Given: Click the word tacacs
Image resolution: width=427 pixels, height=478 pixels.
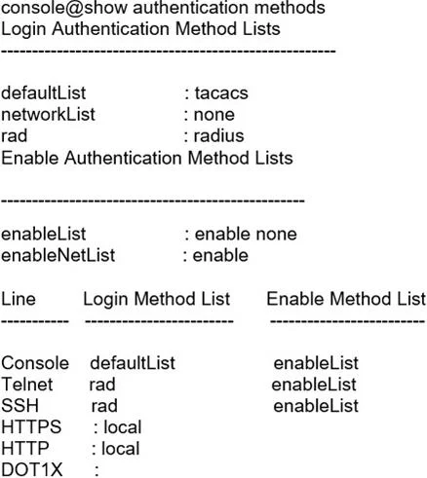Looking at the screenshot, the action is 221,93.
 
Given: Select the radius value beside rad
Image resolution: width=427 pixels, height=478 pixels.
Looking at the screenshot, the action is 218,135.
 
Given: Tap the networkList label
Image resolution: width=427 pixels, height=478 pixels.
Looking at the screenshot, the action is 48,114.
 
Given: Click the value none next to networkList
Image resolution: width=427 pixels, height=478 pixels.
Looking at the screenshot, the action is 214,115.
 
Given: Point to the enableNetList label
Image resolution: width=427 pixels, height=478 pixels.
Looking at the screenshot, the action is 58,255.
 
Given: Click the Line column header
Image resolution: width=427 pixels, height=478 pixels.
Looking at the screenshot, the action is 19,299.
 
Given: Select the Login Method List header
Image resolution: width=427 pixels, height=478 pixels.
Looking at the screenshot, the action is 157,299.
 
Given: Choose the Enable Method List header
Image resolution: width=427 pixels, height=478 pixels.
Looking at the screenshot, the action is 346,299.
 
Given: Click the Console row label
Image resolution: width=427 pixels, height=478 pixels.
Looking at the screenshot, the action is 35,363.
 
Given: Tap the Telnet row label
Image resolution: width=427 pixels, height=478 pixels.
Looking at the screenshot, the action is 27,385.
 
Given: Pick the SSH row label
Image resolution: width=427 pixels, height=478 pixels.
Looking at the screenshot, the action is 19,406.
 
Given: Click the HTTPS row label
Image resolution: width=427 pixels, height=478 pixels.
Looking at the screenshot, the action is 31,426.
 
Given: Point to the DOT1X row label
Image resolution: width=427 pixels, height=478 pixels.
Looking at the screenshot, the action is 32,469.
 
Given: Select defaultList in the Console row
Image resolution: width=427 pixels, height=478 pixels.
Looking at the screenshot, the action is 133,363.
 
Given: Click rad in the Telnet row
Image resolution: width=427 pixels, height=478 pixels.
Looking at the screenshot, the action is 102,385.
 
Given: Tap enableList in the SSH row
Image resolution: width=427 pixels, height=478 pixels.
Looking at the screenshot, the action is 316,406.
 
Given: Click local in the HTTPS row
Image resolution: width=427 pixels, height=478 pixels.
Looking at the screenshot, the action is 123,427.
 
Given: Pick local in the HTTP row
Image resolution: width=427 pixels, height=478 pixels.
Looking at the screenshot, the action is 121,449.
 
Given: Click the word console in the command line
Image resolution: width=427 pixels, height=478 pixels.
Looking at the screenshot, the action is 34,8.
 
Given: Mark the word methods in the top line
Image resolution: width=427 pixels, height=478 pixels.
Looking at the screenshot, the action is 290,8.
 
